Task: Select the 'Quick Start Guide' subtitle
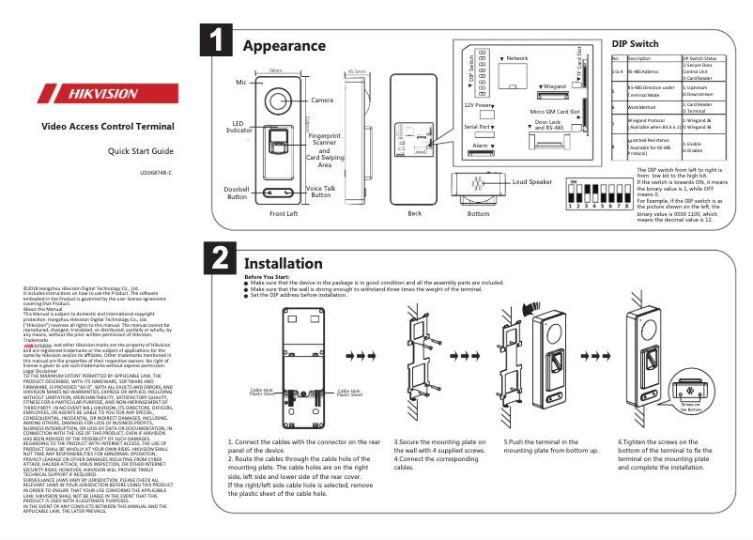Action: pos(140,151)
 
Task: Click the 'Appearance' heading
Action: pos(284,46)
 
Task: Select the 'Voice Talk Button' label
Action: pos(321,192)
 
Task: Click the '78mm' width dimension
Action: pos(275,70)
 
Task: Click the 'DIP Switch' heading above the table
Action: pos(635,44)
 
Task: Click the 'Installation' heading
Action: pos(283,263)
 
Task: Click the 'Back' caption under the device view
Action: pos(414,213)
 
